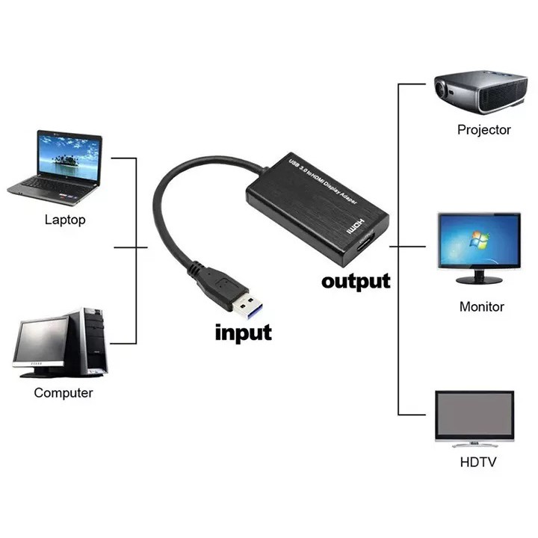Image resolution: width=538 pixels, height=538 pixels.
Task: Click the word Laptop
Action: point(65,220)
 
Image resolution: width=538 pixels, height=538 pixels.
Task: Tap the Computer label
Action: point(64,393)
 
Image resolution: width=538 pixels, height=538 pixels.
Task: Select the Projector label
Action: point(484,130)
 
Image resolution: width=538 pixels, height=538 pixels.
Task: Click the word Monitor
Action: point(481,306)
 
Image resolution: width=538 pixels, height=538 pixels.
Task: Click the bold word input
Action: point(244,331)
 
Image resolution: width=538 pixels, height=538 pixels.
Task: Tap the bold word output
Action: point(356,282)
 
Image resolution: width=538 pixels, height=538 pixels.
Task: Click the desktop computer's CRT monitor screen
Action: point(43,341)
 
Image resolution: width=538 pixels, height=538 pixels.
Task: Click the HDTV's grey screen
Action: point(474,416)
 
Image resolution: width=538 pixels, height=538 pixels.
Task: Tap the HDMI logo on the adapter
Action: point(358,224)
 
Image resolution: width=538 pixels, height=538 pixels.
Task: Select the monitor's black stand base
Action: point(479,280)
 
